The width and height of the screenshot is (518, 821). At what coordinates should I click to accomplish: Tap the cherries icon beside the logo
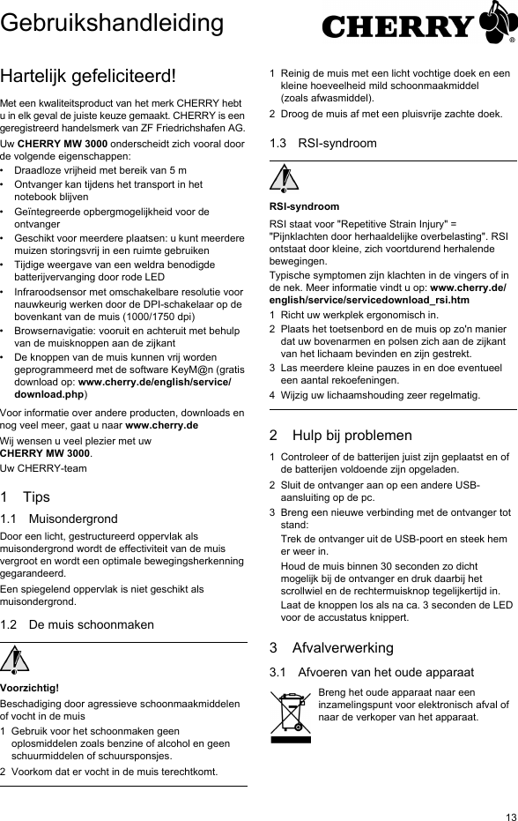497,24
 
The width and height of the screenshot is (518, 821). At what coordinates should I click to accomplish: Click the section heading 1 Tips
26,496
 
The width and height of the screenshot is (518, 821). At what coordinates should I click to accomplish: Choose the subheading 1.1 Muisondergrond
59,519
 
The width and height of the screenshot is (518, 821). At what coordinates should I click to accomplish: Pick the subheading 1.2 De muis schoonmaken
78,624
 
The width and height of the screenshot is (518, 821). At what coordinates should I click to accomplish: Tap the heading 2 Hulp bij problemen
340,435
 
